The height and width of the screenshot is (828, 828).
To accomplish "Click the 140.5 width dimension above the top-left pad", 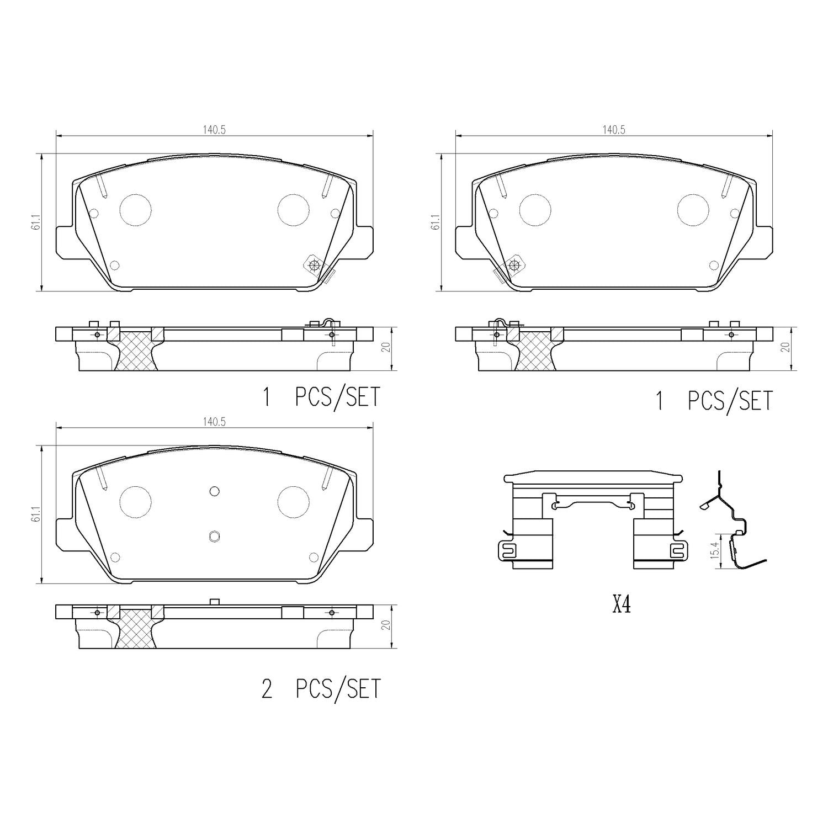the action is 215,130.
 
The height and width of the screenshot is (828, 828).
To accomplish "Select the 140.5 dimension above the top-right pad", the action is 613,130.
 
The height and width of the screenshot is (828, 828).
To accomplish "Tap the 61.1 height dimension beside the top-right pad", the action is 436,221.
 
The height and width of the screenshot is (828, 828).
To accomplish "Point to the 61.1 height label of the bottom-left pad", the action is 38,514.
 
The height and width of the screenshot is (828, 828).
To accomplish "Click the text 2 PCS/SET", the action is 321,688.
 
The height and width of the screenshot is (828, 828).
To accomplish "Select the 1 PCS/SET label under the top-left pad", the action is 321,397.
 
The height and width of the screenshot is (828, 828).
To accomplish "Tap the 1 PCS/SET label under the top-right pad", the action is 714,400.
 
